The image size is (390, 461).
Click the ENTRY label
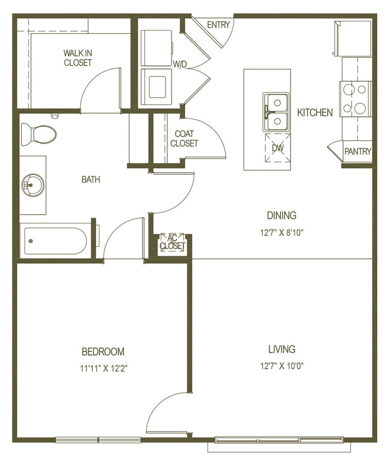218,25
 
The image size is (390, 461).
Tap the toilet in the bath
39,134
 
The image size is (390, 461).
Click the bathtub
55,240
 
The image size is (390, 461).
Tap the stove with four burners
356,98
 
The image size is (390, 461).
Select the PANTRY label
358,152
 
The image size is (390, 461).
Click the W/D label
180,64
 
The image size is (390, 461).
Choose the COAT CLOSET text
185,139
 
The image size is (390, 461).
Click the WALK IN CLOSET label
78,58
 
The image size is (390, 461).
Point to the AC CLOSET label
172,243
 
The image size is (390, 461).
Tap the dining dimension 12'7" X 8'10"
281,232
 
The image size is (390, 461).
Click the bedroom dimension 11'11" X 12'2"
103,368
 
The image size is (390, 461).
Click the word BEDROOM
103,352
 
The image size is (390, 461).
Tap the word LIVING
282,349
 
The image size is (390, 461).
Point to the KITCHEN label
315,113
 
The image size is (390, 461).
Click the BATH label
91,179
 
